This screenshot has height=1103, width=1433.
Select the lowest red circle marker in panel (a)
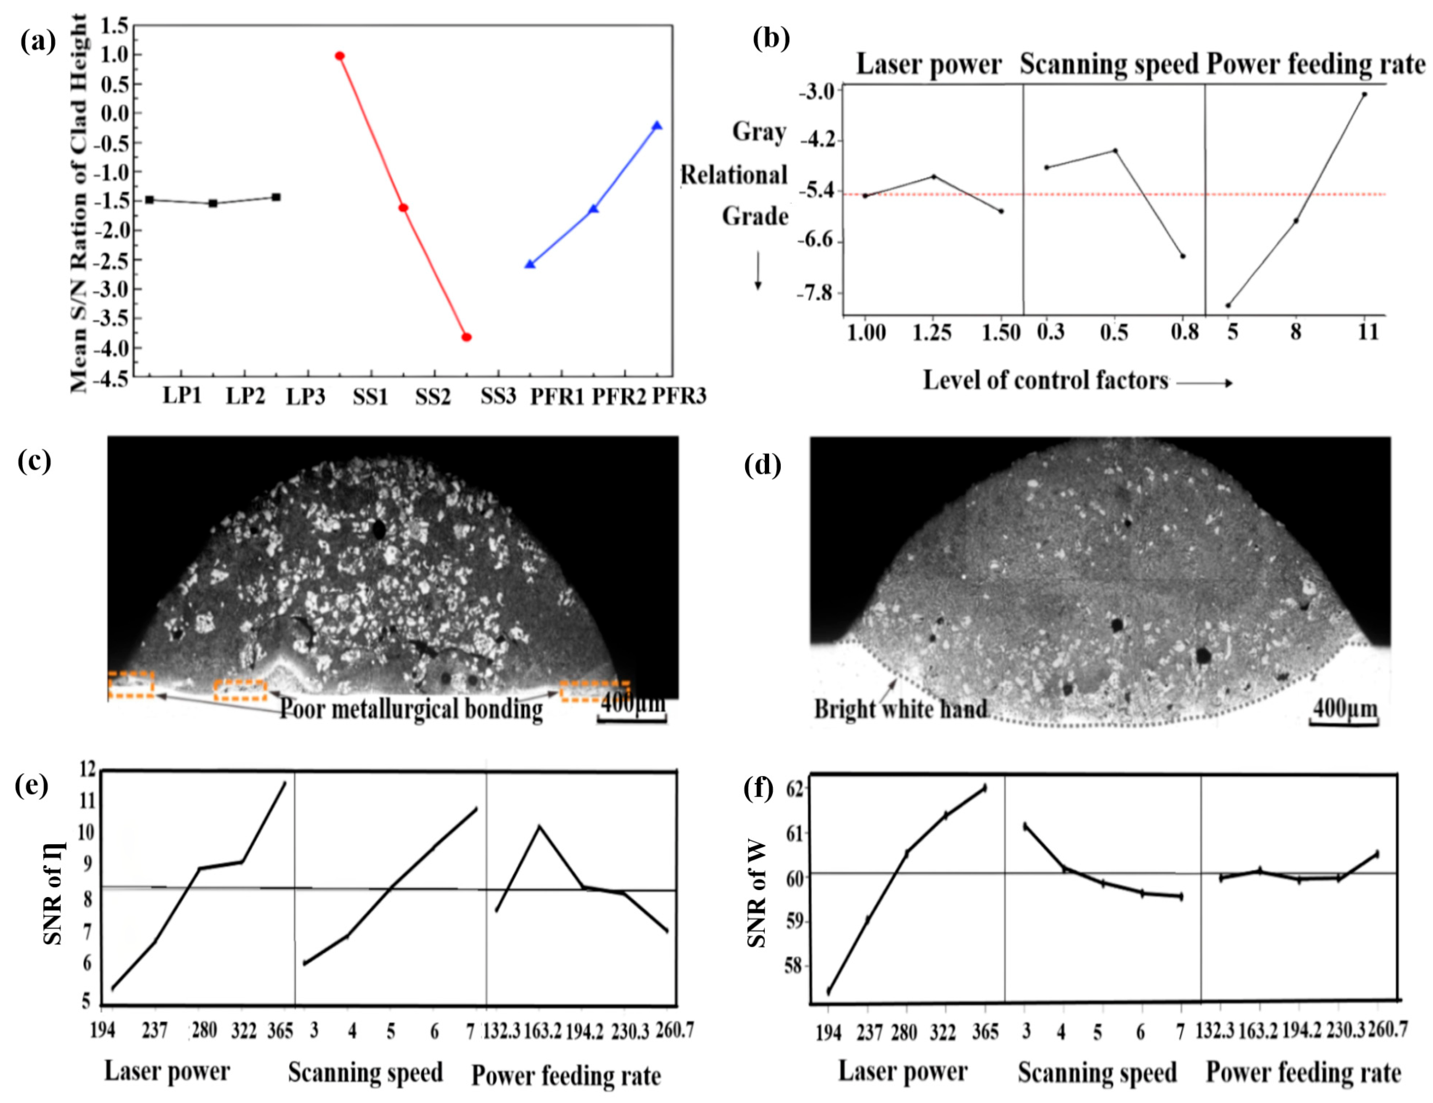click(467, 337)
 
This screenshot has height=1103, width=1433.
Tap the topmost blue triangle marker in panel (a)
click(657, 126)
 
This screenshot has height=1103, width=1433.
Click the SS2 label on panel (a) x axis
click(433, 397)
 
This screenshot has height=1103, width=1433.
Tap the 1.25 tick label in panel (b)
click(932, 333)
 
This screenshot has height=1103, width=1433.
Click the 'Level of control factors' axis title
click(1046, 380)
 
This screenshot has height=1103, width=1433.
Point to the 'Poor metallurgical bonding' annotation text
click(411, 709)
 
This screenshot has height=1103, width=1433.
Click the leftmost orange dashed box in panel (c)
click(131, 684)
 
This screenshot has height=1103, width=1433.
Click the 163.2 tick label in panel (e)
click(542, 1032)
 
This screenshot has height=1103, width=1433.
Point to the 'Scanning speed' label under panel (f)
click(1097, 1073)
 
